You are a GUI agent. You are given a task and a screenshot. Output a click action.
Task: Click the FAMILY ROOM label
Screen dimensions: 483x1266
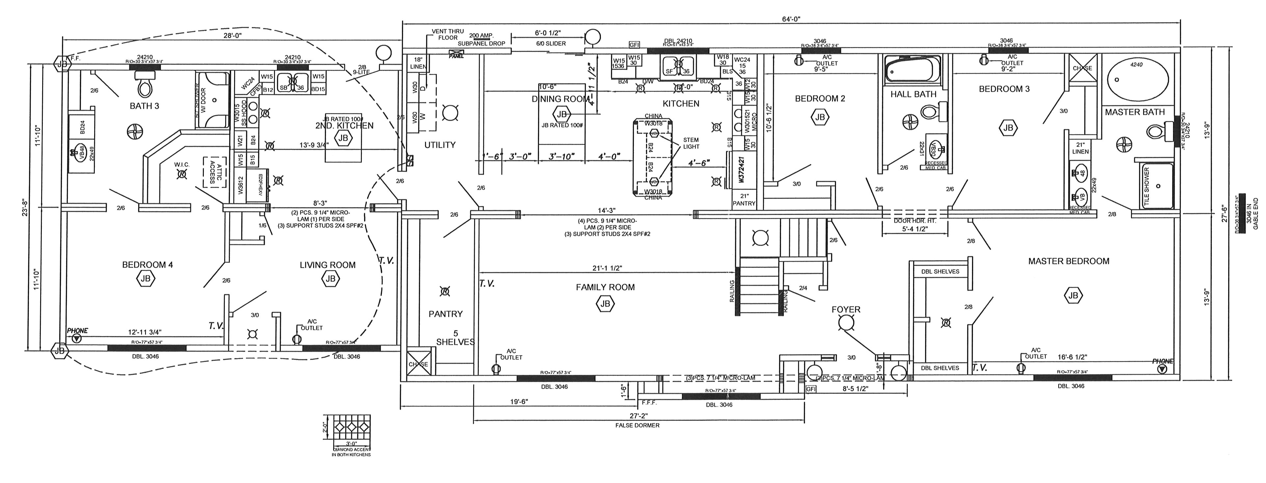pos(605,287)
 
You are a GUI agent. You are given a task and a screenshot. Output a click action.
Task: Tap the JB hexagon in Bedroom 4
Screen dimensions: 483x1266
pos(146,279)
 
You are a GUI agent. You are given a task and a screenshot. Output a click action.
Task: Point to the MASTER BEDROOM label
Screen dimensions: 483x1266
pos(1068,261)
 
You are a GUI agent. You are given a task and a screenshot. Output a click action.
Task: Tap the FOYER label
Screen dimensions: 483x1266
pos(846,309)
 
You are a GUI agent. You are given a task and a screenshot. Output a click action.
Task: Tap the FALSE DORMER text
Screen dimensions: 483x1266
pos(637,425)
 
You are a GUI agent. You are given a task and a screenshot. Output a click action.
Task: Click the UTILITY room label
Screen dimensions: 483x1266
pos(440,145)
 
